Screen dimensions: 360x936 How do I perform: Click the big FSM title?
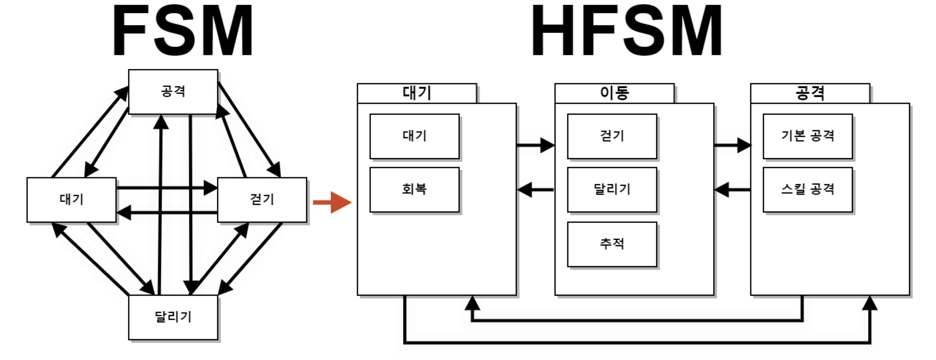point(183,30)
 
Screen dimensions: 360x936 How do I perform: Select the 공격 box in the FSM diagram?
point(173,91)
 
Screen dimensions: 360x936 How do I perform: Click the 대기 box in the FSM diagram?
point(71,199)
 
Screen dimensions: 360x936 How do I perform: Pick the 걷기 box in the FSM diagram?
point(262,199)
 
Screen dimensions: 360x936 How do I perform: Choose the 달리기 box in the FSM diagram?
point(173,317)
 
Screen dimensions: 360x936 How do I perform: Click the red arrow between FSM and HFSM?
point(332,202)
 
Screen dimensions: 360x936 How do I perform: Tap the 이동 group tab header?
point(614,93)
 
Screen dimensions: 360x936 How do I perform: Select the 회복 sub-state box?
point(414,189)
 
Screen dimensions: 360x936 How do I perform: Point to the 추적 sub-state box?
point(612,244)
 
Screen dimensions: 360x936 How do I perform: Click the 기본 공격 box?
point(808,136)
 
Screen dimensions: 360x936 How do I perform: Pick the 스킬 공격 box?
point(808,189)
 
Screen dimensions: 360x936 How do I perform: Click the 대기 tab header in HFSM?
point(417,93)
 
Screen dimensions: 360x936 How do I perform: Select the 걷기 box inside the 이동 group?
point(612,136)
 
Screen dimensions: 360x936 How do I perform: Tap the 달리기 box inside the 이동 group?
point(612,189)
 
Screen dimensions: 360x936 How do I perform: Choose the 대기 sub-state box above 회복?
point(414,136)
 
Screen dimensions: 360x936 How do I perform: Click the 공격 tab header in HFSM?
point(810,93)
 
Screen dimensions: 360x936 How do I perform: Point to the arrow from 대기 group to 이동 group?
point(535,145)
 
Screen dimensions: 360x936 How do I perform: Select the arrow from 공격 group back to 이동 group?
point(732,189)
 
